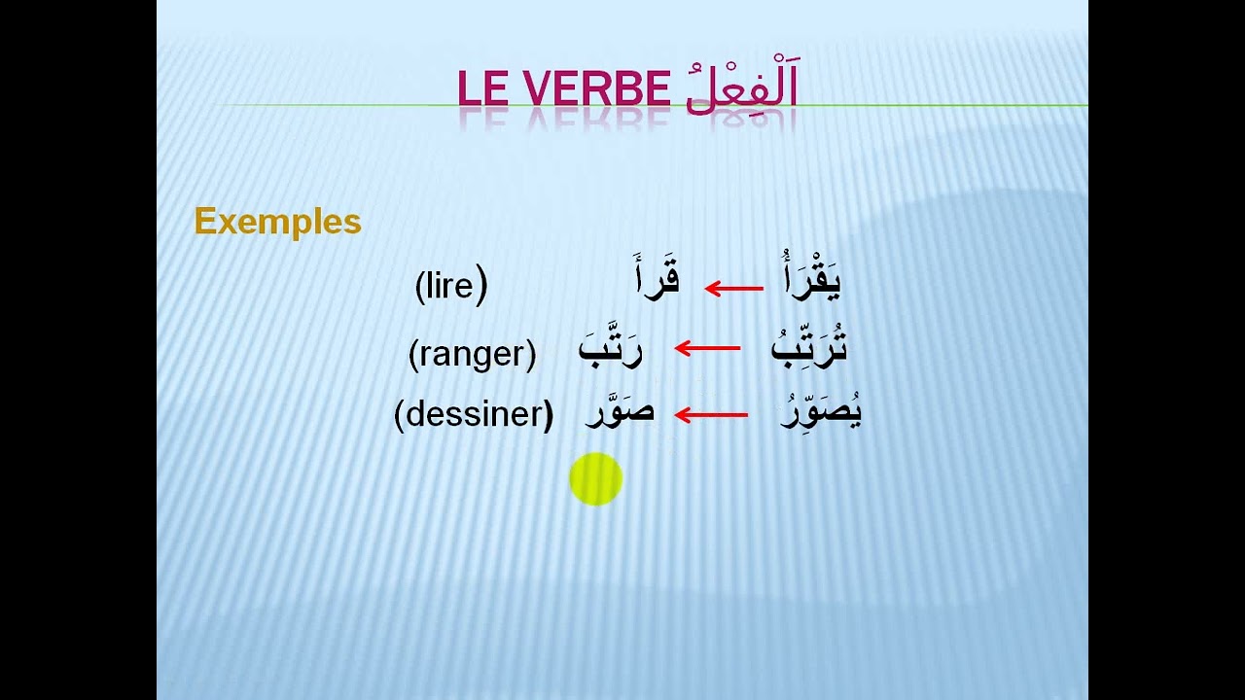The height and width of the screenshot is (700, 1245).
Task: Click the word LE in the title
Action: [x=483, y=89]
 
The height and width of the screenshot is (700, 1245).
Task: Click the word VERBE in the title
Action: [x=596, y=89]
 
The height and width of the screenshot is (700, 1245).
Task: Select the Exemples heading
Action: [x=277, y=222]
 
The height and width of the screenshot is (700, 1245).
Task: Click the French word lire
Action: [x=450, y=288]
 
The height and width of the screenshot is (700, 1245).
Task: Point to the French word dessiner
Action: [x=474, y=414]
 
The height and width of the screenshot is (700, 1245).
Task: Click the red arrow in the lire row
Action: [x=733, y=289]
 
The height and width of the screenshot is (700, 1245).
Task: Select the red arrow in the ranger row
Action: [x=706, y=348]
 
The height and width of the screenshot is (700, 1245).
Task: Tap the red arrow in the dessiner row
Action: [x=710, y=415]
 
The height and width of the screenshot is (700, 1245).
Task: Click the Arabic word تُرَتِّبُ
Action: [x=809, y=348]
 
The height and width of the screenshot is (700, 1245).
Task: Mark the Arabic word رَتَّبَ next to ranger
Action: [x=610, y=348]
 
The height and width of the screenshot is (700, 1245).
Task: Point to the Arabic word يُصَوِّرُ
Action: [x=822, y=413]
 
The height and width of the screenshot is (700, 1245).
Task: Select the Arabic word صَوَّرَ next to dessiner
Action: [x=620, y=413]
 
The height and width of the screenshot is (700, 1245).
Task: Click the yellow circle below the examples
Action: [x=595, y=479]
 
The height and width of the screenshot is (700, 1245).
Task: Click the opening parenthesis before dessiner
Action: [x=399, y=415]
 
